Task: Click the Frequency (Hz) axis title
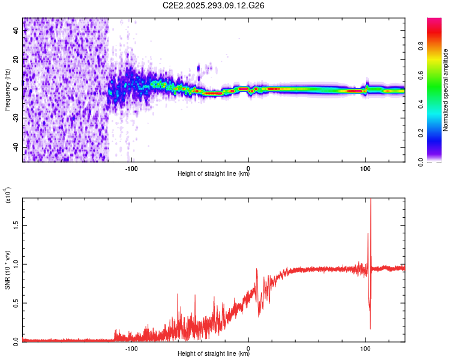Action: point(7,90)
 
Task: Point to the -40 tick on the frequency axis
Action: point(16,147)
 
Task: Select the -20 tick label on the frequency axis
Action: point(16,118)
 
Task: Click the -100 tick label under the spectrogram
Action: point(131,167)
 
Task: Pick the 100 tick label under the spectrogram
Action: point(365,167)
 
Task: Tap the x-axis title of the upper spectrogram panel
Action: point(214,174)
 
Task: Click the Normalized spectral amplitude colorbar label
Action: point(446,90)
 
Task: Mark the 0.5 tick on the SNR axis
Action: point(16,302)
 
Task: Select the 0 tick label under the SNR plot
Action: point(248,347)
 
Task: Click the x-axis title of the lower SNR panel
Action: point(214,354)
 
